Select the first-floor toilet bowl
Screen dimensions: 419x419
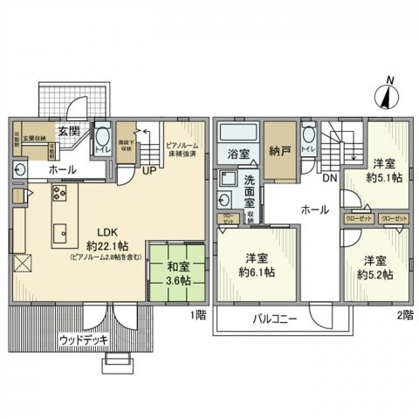(101, 138)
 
